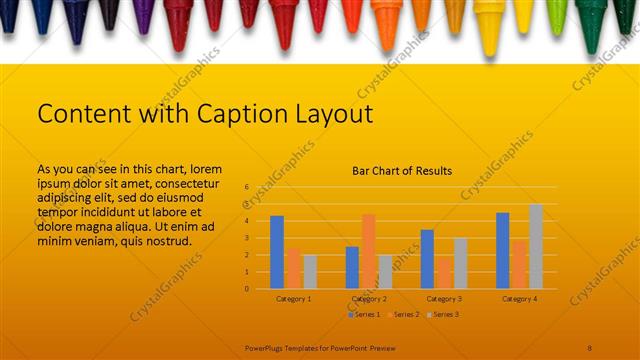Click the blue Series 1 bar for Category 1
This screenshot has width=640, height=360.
[x=277, y=252]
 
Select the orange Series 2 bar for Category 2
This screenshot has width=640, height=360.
[x=368, y=251]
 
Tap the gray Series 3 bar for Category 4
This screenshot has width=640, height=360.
[x=536, y=246]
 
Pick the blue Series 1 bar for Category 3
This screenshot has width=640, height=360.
[x=427, y=259]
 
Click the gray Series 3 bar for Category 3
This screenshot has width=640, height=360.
[x=460, y=263]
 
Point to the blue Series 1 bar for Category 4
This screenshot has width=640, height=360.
[x=503, y=250]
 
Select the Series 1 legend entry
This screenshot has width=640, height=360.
[x=364, y=315]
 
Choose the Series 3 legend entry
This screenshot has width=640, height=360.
[x=443, y=315]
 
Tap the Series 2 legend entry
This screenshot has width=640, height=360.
[x=404, y=315]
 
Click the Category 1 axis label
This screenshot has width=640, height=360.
[x=293, y=299]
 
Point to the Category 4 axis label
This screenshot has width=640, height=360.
[x=519, y=299]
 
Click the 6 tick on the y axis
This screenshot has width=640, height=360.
[x=246, y=187]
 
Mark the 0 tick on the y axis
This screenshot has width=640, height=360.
[x=246, y=289]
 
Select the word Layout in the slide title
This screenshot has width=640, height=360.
[x=331, y=114]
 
